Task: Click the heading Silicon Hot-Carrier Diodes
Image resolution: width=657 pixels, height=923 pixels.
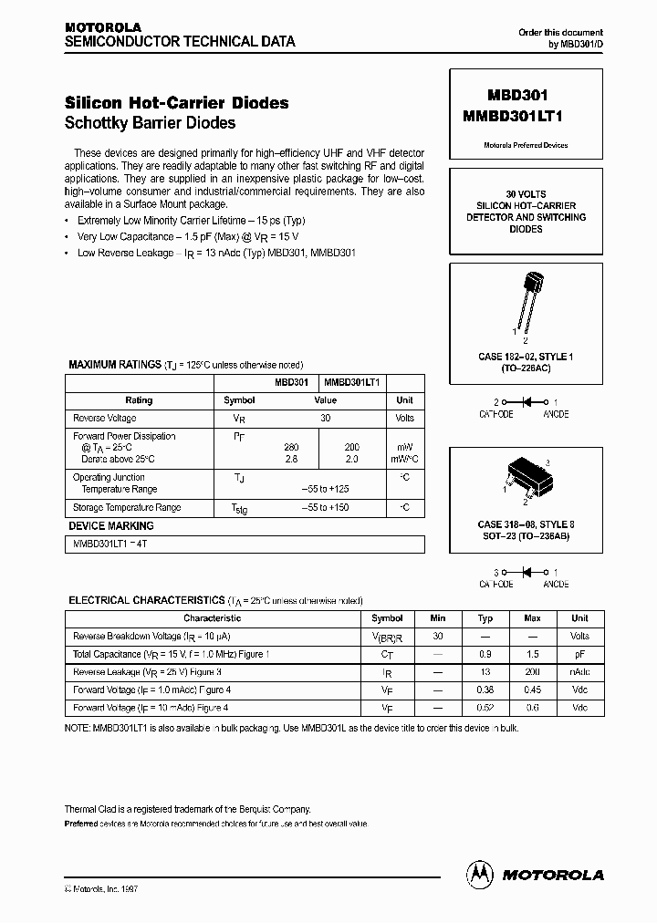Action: (176, 103)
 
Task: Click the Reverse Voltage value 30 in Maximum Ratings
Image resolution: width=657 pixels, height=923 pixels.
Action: (325, 418)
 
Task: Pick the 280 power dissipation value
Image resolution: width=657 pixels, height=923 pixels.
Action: (291, 447)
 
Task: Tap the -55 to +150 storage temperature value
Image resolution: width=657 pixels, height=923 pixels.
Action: (325, 507)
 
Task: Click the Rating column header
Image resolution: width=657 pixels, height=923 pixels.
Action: (139, 400)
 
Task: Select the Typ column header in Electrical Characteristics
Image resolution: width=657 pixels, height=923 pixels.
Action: (485, 617)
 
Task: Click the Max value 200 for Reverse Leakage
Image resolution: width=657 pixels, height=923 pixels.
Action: (533, 671)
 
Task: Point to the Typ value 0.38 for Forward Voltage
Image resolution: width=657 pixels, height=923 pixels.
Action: (485, 689)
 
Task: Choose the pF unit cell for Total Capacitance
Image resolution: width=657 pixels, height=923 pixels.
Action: (579, 654)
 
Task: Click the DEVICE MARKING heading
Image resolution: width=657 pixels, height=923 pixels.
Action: (111, 526)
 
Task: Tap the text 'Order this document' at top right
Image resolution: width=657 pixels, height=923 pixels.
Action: (560, 33)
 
